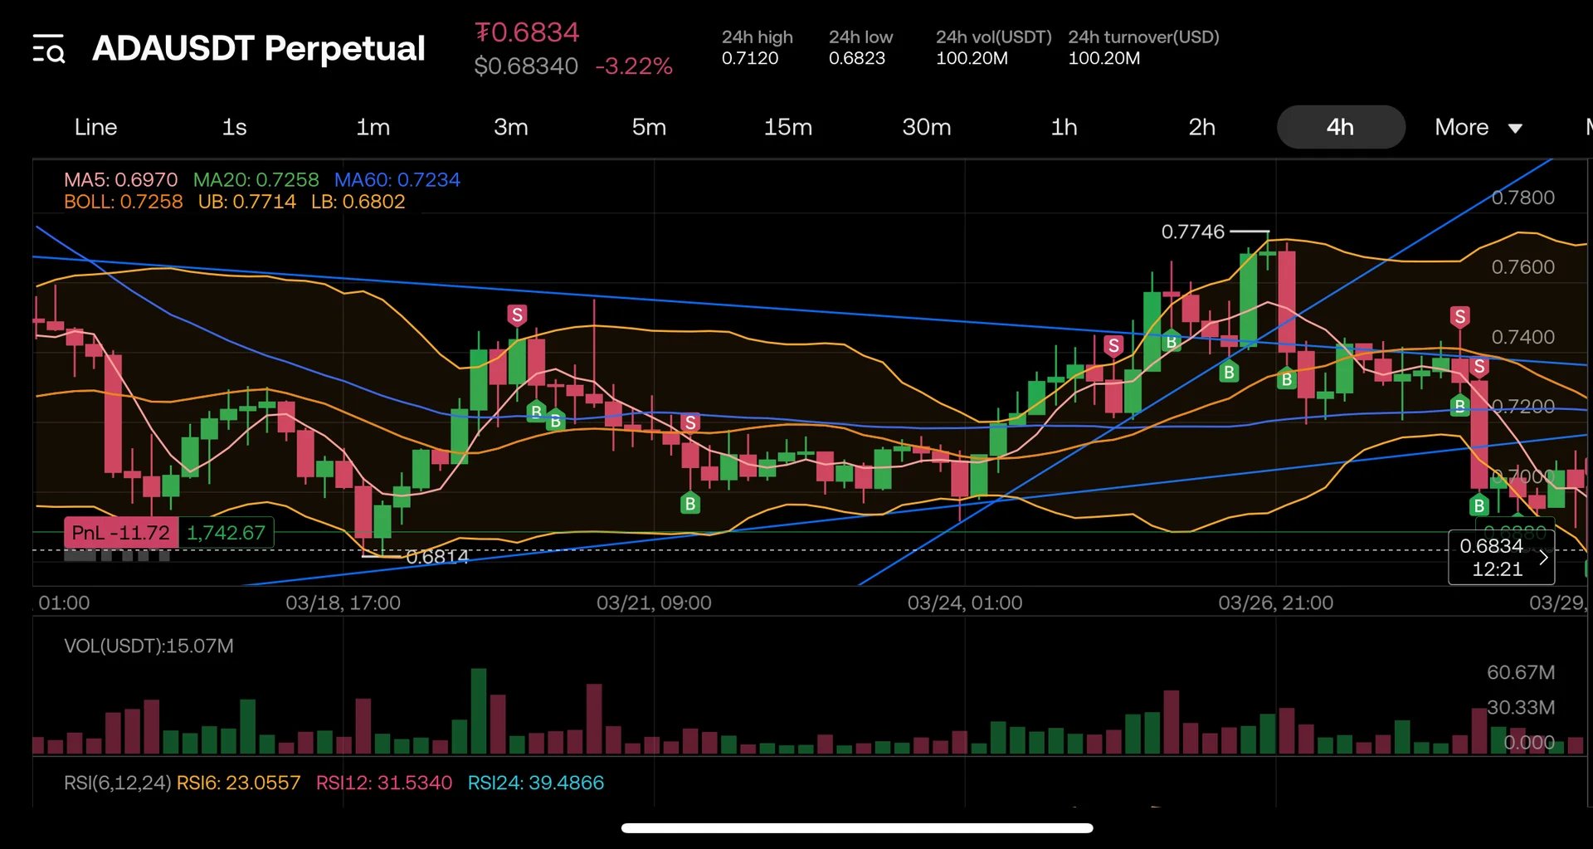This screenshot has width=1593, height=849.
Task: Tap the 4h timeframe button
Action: click(1340, 127)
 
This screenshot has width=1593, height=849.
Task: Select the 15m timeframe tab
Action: click(787, 127)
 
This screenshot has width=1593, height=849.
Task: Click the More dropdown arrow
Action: click(1515, 129)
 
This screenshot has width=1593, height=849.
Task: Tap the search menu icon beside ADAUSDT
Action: click(49, 50)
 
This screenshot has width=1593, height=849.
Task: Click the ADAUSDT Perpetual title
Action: click(259, 48)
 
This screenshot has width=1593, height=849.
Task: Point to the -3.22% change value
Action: click(634, 66)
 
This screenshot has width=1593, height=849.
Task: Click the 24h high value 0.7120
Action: click(750, 59)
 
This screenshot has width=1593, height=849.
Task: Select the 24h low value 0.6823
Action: click(857, 59)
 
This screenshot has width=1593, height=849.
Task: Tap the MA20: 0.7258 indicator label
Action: click(256, 180)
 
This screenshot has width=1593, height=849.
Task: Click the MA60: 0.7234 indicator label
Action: click(397, 180)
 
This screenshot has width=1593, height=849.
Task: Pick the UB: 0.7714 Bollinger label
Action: click(246, 202)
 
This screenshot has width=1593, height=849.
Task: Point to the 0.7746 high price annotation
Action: click(1192, 232)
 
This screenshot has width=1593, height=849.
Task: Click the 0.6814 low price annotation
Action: click(437, 557)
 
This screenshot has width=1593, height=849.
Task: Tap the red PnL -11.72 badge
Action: click(120, 533)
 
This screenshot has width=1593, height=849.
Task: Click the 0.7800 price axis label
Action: click(1522, 198)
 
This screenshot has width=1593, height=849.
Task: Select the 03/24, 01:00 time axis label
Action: click(964, 603)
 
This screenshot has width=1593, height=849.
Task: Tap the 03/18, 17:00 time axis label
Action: click(343, 603)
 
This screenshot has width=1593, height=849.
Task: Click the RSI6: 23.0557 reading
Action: click(238, 783)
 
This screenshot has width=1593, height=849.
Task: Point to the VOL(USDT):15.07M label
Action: click(149, 646)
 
